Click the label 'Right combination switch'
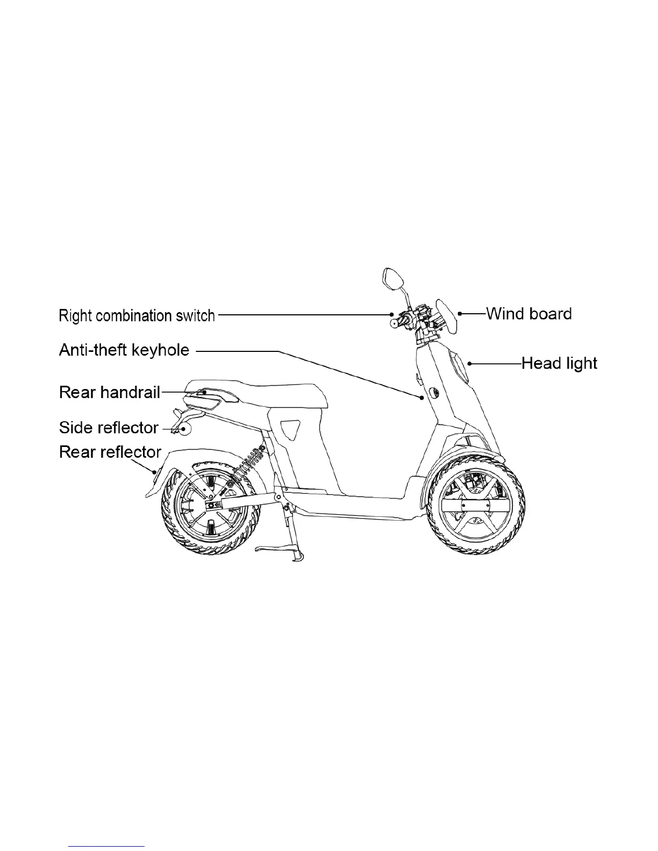pos(137,315)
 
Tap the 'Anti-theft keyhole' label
pos(124,350)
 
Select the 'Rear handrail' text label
pos(110,393)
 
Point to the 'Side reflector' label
pos(109,428)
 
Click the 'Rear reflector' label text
pos(110,452)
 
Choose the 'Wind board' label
pos(528,314)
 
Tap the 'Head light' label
pos(560,364)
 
